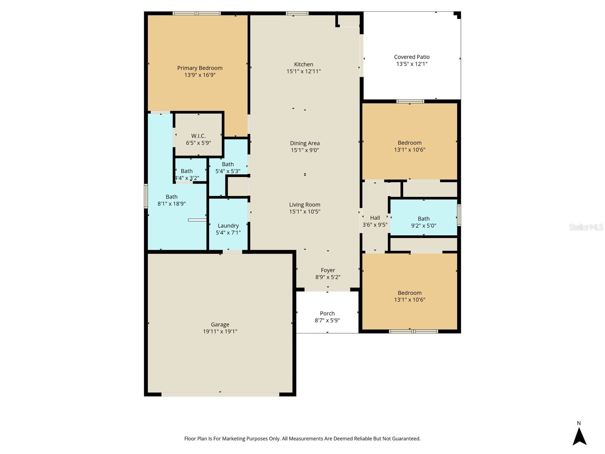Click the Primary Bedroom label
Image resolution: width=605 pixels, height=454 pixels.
[x=200, y=68]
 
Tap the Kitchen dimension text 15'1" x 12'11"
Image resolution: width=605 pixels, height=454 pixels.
[x=304, y=71]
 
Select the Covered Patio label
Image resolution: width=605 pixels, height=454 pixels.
[x=412, y=57]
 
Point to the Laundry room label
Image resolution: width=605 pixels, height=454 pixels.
[x=228, y=226]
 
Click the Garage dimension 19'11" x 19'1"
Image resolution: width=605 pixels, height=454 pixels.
[x=220, y=331]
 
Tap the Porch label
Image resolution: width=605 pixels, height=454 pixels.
[x=327, y=313]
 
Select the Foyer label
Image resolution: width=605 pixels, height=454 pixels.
[x=328, y=270]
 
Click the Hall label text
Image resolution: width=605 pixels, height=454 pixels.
[x=375, y=218]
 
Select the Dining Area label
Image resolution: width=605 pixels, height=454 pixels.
[x=305, y=143]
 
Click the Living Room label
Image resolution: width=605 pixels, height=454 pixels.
[x=305, y=205]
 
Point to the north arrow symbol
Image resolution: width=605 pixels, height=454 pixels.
[x=579, y=436]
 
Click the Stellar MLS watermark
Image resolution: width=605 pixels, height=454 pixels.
[x=586, y=227]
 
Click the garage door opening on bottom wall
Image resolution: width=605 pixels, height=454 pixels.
[x=220, y=394]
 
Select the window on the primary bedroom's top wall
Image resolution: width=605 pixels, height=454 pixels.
[x=197, y=14]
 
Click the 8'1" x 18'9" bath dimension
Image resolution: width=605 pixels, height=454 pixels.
[x=172, y=204]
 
